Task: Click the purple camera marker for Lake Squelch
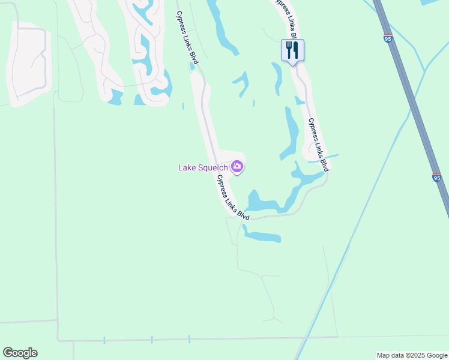pos(237,167)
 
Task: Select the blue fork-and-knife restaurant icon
pos(292,50)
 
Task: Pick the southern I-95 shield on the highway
pos(436,178)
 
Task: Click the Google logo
pos(20,353)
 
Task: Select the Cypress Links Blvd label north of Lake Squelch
pos(187,37)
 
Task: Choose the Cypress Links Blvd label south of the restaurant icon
pos(318,145)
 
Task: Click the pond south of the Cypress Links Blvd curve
pos(262,236)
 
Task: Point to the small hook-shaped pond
pos(242,83)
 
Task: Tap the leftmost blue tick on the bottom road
pos(104,340)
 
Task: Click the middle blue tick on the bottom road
pos(152,340)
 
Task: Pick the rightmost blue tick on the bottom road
pos(188,339)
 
